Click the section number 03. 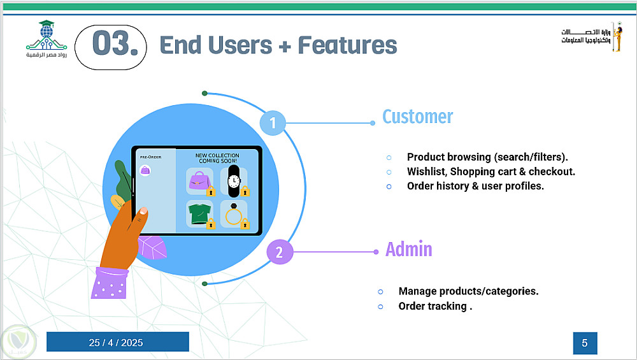[115, 43]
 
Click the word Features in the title [348, 45]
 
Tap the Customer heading [418, 117]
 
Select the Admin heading [409, 249]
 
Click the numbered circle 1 [273, 122]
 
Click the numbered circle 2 [280, 252]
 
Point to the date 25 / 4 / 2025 [117, 343]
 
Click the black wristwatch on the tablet [234, 181]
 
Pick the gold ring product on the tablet [233, 215]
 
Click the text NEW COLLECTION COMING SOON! [217, 158]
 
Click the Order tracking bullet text [435, 306]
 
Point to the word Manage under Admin [418, 291]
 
